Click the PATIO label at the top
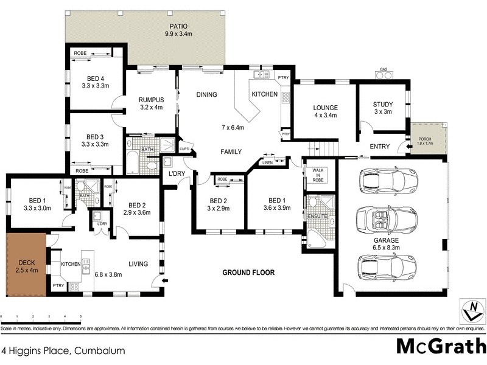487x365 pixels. point(178,26)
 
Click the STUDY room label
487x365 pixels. point(383,104)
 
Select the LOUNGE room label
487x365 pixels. point(326,108)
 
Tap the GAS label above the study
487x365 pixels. point(383,69)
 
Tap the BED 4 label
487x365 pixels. point(96,78)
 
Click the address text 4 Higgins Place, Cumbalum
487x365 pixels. point(63,350)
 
